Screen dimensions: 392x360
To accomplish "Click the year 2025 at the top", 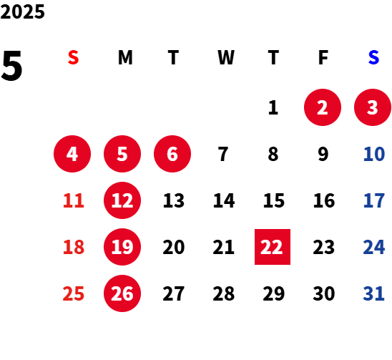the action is pyautogui.click(x=22, y=11).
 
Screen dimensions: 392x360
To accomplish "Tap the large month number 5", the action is pyautogui.click(x=11, y=66).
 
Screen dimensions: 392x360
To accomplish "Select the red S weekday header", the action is pyautogui.click(x=73, y=57).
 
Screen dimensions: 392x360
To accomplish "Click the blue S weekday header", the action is pyautogui.click(x=373, y=57).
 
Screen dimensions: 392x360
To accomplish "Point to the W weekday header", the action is pyautogui.click(x=226, y=57).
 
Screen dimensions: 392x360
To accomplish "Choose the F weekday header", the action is pyautogui.click(x=323, y=57).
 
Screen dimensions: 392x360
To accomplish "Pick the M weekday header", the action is pyautogui.click(x=125, y=57).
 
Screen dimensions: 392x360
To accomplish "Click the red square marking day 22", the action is pyautogui.click(x=273, y=247).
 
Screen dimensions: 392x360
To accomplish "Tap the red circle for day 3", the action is pyautogui.click(x=373, y=107).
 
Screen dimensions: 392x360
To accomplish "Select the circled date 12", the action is pyautogui.click(x=122, y=200).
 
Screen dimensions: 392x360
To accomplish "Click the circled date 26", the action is pyautogui.click(x=122, y=293).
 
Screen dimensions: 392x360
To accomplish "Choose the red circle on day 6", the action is pyautogui.click(x=172, y=154).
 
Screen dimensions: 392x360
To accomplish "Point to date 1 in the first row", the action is pyautogui.click(x=273, y=107).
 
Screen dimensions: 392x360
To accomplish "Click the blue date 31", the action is pyautogui.click(x=373, y=293).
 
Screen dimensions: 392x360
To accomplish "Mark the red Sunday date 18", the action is pyautogui.click(x=74, y=247).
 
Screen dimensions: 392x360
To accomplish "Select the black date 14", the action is pyautogui.click(x=224, y=200).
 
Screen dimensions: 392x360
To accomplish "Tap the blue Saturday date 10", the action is pyautogui.click(x=374, y=154).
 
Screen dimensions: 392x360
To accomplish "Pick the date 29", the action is pyautogui.click(x=274, y=293).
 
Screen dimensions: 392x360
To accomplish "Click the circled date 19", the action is pyautogui.click(x=122, y=247).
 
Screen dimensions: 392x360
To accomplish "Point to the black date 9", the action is pyautogui.click(x=323, y=154).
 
